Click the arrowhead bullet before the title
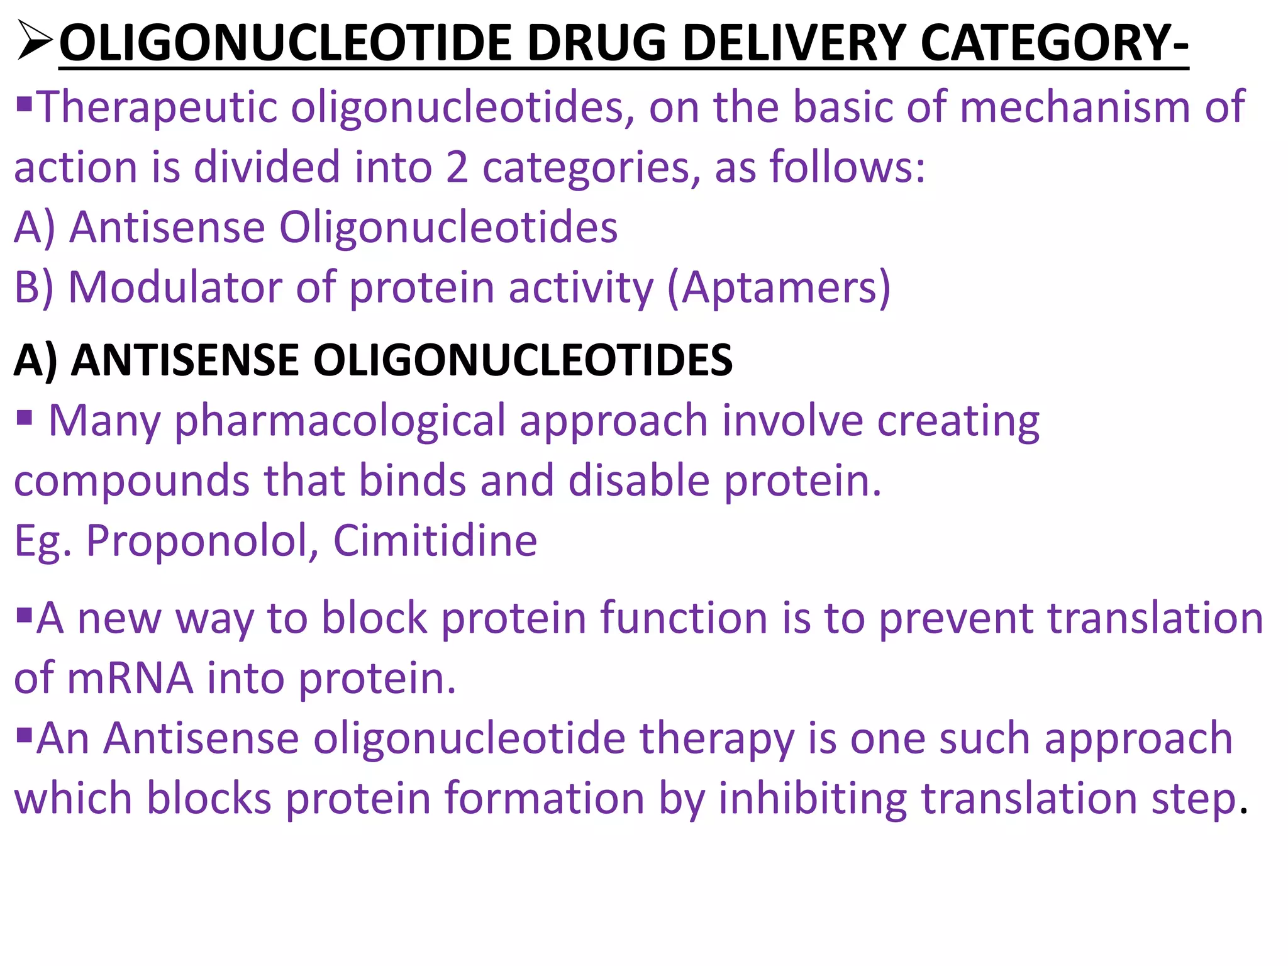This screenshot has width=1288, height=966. point(33,41)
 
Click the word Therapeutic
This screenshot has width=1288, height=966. point(158,108)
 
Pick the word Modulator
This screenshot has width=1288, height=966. point(175,287)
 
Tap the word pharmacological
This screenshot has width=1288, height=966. point(340,421)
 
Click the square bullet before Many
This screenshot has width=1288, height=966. point(25,417)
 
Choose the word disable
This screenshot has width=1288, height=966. point(639,480)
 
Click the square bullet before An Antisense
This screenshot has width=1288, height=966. point(25,733)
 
